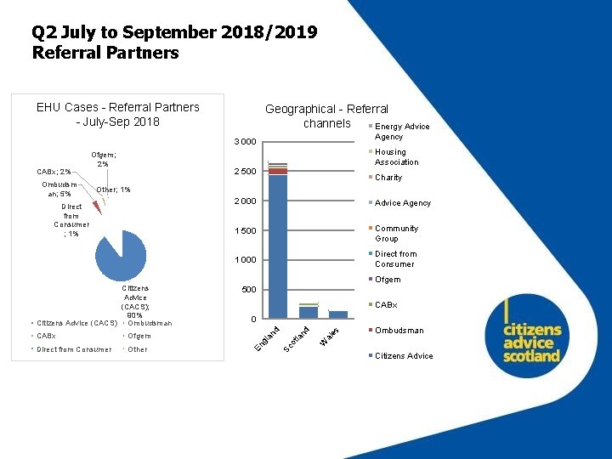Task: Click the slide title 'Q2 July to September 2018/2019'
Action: tap(174, 33)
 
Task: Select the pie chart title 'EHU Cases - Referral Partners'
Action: tap(118, 107)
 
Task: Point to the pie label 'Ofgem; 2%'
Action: tap(104, 159)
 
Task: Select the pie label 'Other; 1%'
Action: tap(113, 189)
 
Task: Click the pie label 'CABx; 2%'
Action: tap(54, 172)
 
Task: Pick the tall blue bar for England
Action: tap(277, 246)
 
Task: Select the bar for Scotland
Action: tap(308, 311)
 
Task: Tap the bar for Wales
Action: tap(337, 314)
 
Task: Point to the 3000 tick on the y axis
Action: tap(246, 142)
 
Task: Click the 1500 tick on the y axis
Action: tap(246, 231)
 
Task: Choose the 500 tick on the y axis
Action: tap(248, 290)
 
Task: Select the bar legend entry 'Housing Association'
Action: tap(396, 156)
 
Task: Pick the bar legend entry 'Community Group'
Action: tap(396, 233)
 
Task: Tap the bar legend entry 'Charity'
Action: tap(388, 178)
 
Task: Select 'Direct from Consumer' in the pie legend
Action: tap(75, 349)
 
